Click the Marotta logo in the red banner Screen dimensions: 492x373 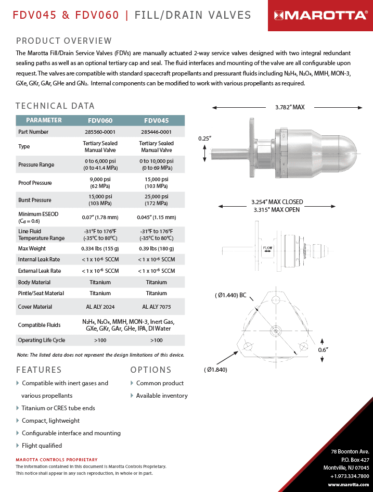tap(320, 15)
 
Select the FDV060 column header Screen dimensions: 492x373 tap(100, 120)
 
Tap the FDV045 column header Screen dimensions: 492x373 tap(156, 120)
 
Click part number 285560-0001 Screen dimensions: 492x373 tap(100, 132)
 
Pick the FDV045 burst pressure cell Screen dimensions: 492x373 tap(156, 200)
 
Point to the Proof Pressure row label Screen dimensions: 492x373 tap(35, 183)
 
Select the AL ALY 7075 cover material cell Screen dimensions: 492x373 tap(156, 307)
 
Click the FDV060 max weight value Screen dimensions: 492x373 tap(100, 248)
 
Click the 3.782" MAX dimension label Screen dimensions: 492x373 tap(290, 107)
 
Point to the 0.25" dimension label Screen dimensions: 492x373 tap(205, 138)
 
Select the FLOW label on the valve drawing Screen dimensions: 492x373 tap(267, 248)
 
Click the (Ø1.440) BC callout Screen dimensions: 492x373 tap(231, 295)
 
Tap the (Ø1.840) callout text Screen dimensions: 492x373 tap(216, 370)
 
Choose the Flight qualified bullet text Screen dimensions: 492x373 tap(42, 446)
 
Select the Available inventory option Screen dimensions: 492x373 tap(162, 396)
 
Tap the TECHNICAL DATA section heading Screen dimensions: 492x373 tap(55, 106)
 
